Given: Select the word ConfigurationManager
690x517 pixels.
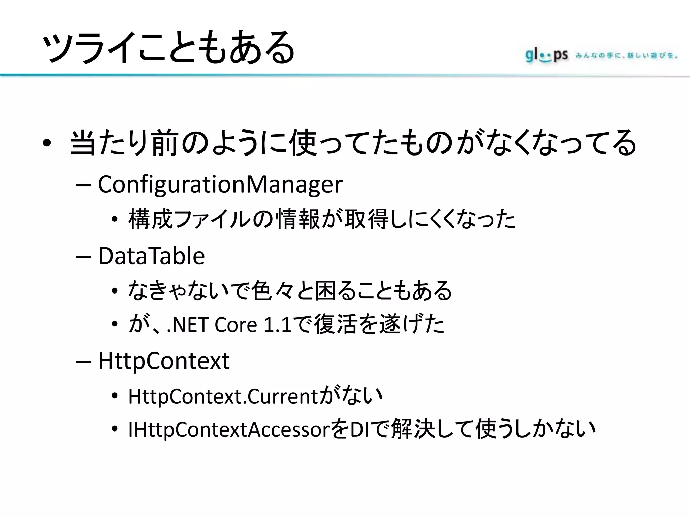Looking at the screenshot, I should coord(220,184).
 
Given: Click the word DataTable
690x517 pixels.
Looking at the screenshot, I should coord(151,256).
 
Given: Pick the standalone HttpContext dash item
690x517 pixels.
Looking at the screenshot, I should coord(164,361).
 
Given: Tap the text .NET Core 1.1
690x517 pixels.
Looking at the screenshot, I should coord(229,325).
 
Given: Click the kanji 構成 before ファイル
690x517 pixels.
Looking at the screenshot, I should coord(151,219).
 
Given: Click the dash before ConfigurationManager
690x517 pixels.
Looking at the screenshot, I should coord(84,185).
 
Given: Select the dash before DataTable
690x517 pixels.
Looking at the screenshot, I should coord(84,257).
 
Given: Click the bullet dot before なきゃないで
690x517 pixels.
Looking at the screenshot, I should coord(115,291).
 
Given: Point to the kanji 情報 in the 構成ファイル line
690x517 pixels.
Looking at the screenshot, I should coord(297,219).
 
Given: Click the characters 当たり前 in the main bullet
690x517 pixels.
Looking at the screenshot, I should coord(124,143).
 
